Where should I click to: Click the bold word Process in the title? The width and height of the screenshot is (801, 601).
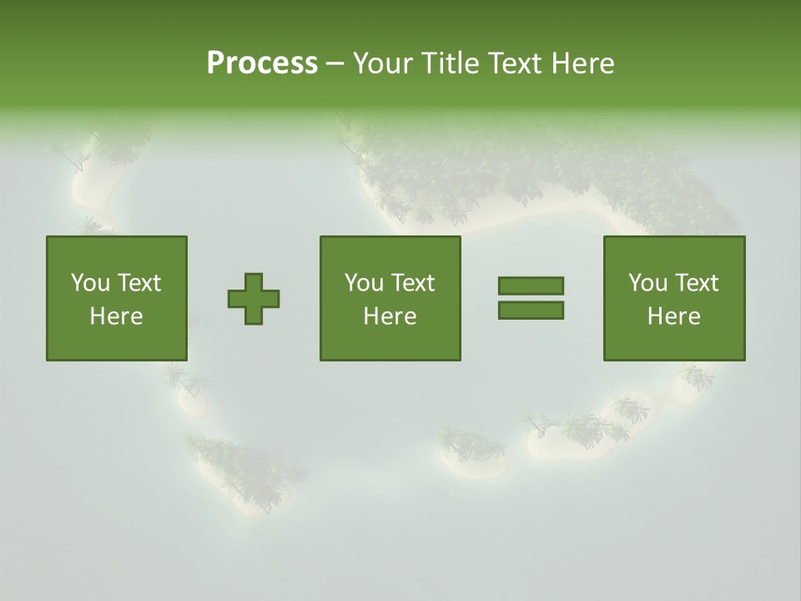[262, 63]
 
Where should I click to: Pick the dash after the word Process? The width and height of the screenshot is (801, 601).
[335, 63]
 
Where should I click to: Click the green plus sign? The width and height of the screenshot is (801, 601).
[254, 299]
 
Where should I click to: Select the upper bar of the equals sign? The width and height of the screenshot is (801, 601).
[531, 286]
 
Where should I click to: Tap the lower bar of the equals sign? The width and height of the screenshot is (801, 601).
[531, 311]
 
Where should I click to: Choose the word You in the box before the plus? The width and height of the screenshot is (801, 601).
[90, 283]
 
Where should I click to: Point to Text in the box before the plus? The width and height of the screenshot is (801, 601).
[138, 283]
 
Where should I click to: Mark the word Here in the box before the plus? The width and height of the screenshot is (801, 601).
[116, 316]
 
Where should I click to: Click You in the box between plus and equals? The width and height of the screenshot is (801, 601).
[364, 283]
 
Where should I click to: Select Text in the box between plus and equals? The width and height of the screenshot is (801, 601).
[411, 283]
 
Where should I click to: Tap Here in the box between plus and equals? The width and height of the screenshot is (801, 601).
[390, 316]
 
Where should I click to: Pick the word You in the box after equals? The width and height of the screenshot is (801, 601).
[647, 283]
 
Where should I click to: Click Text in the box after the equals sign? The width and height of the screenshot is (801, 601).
[695, 283]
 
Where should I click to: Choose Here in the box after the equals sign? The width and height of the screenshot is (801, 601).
[673, 316]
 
